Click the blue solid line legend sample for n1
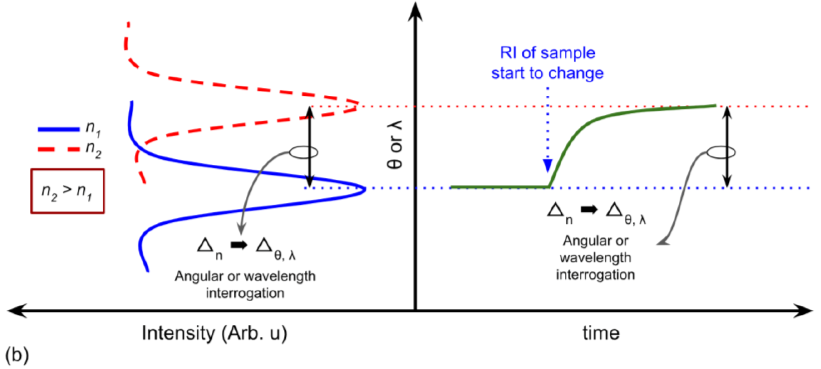coord(59,129)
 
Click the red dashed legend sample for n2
coord(59,149)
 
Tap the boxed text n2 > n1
coord(67,191)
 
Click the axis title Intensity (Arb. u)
coord(214,333)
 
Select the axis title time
coord(601,333)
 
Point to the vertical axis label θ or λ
coord(395,145)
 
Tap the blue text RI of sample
coord(547,53)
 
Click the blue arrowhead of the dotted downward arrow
coord(548,165)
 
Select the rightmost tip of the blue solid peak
coord(365,189)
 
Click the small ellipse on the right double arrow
coord(721,152)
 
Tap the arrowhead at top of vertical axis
coord(415,11)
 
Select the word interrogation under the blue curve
coord(245,293)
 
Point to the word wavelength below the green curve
coord(595,258)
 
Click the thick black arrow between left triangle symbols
coord(239,245)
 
